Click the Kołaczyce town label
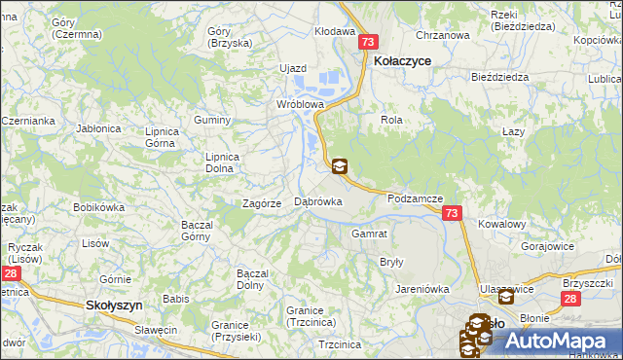pyautogui.click(x=402, y=60)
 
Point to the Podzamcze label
pyautogui.click(x=416, y=198)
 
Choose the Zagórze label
pyautogui.click(x=262, y=203)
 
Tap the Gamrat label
pyautogui.click(x=370, y=234)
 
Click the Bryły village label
pyautogui.click(x=391, y=263)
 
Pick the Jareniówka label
pyautogui.click(x=421, y=289)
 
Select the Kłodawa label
pyautogui.click(x=335, y=31)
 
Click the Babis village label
pyautogui.click(x=176, y=299)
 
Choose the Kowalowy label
pyautogui.click(x=502, y=224)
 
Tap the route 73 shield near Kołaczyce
pyautogui.click(x=367, y=43)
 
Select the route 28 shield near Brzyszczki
pyautogui.click(x=570, y=301)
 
